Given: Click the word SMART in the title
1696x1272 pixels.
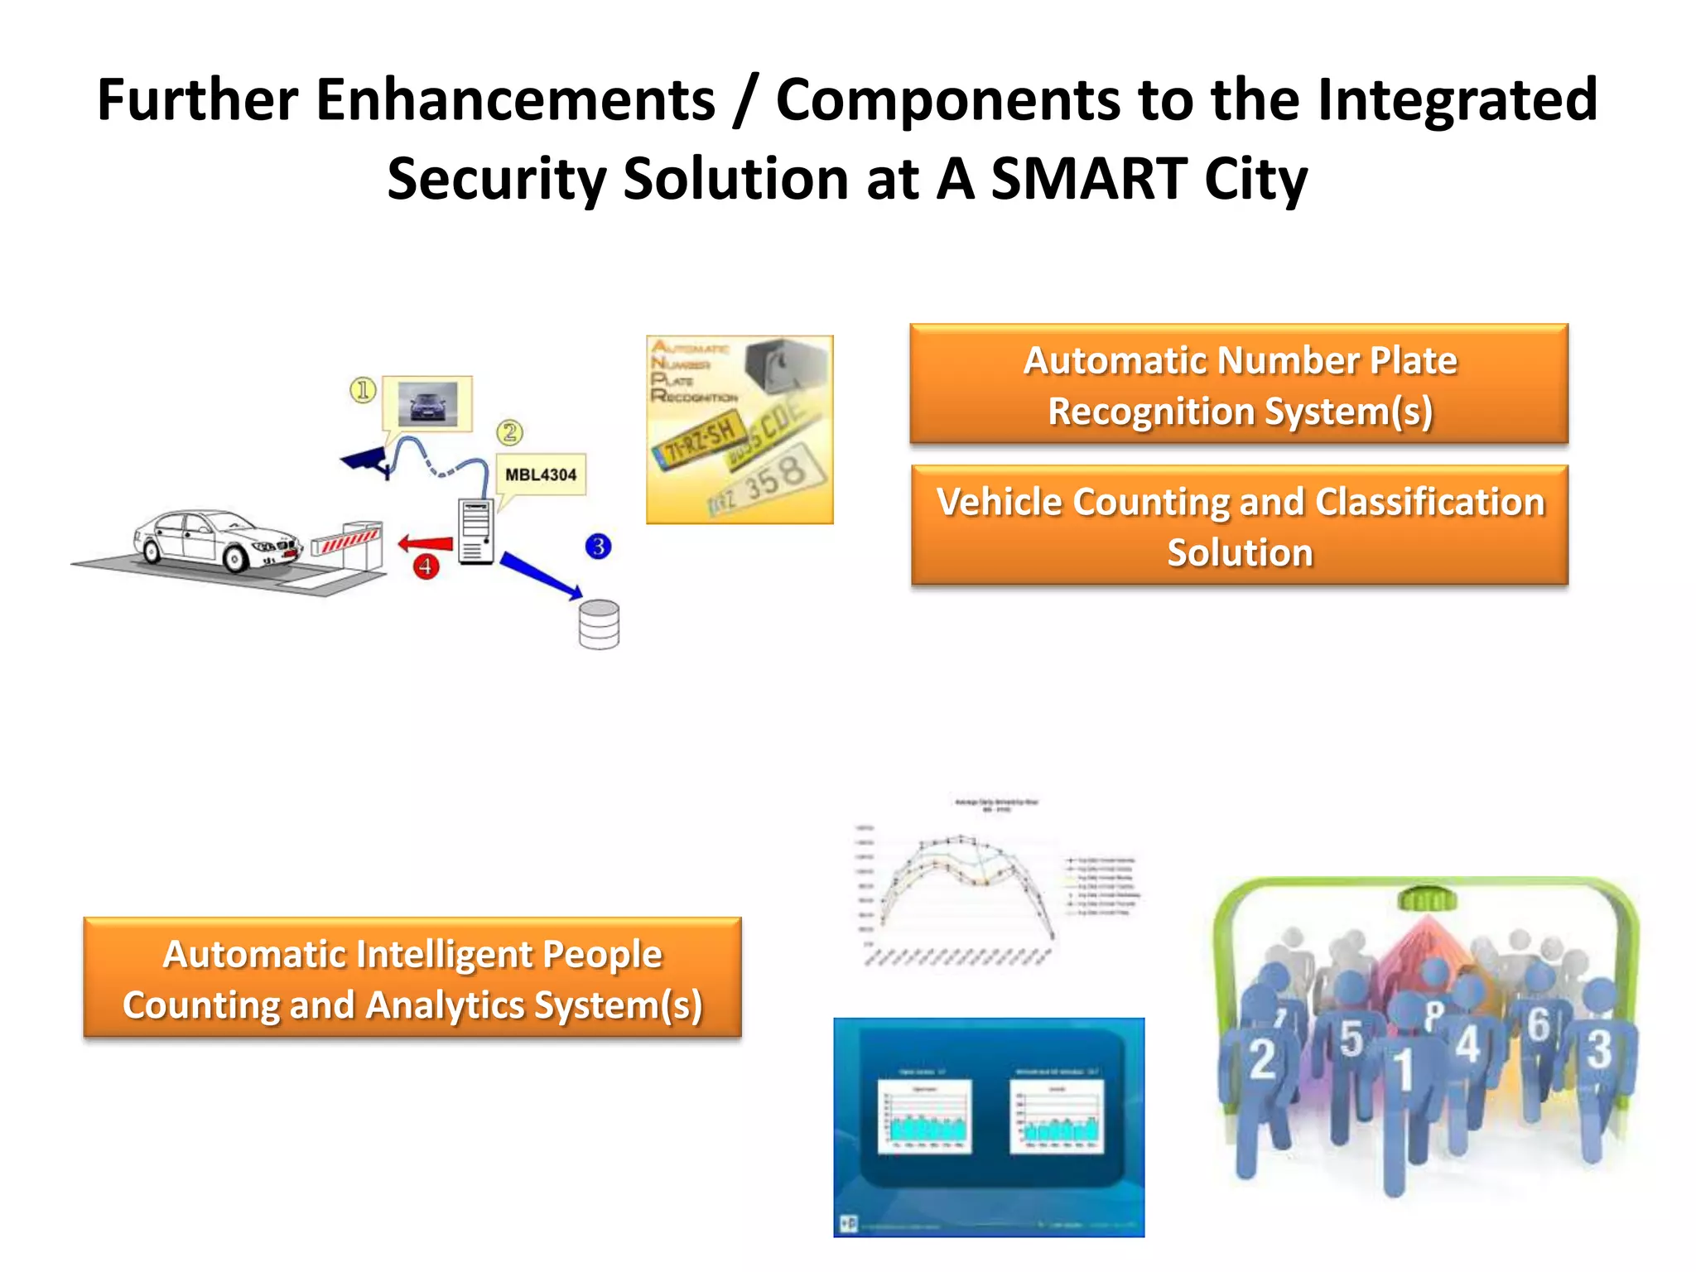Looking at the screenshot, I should (1089, 179).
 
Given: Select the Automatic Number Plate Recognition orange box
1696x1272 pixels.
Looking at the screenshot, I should (1239, 384).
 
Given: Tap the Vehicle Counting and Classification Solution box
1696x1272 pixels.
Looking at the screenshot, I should (1239, 526).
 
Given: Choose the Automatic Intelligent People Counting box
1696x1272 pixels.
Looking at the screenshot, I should (412, 978).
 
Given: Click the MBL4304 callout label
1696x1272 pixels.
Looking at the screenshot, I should (541, 475).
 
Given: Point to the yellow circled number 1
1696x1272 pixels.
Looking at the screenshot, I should (363, 389).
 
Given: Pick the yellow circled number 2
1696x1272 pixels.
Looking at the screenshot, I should (510, 431).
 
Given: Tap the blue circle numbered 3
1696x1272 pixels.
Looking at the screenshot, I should (598, 546).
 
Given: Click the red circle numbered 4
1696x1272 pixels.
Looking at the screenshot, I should (426, 566).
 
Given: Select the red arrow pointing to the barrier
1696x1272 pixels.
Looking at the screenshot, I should (426, 543).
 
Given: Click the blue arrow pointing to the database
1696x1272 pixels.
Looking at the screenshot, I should (541, 575).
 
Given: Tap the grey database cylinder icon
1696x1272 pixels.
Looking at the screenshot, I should (599, 624).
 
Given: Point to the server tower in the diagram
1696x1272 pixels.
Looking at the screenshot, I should (476, 531).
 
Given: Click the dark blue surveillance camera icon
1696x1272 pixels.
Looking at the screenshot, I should (367, 461).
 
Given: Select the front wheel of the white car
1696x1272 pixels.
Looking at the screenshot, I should (235, 559).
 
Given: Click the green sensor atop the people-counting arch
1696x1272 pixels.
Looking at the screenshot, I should (1426, 898).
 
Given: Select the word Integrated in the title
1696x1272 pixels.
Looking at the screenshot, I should (1457, 99).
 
